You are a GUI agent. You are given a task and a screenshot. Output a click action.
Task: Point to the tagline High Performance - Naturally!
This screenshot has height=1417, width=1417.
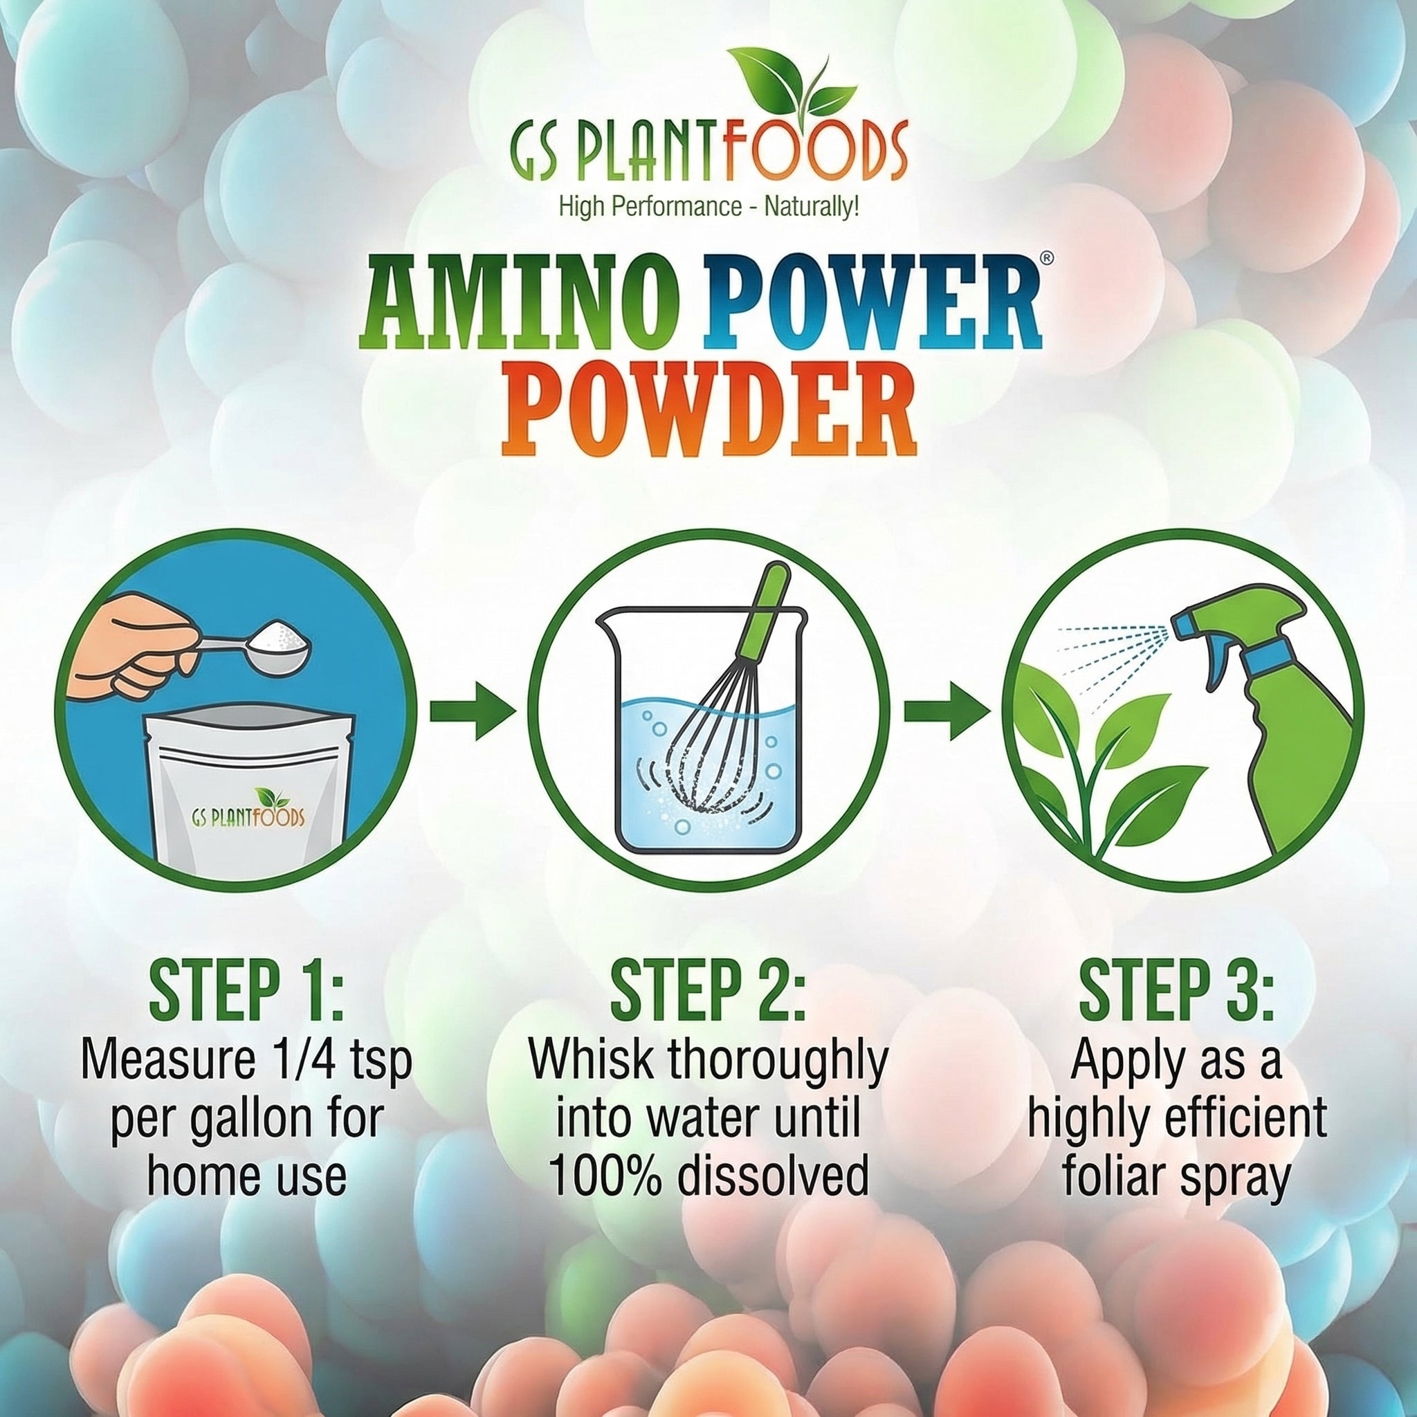point(708,208)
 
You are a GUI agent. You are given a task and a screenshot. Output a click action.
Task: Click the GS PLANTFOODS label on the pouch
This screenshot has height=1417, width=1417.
point(248,817)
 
